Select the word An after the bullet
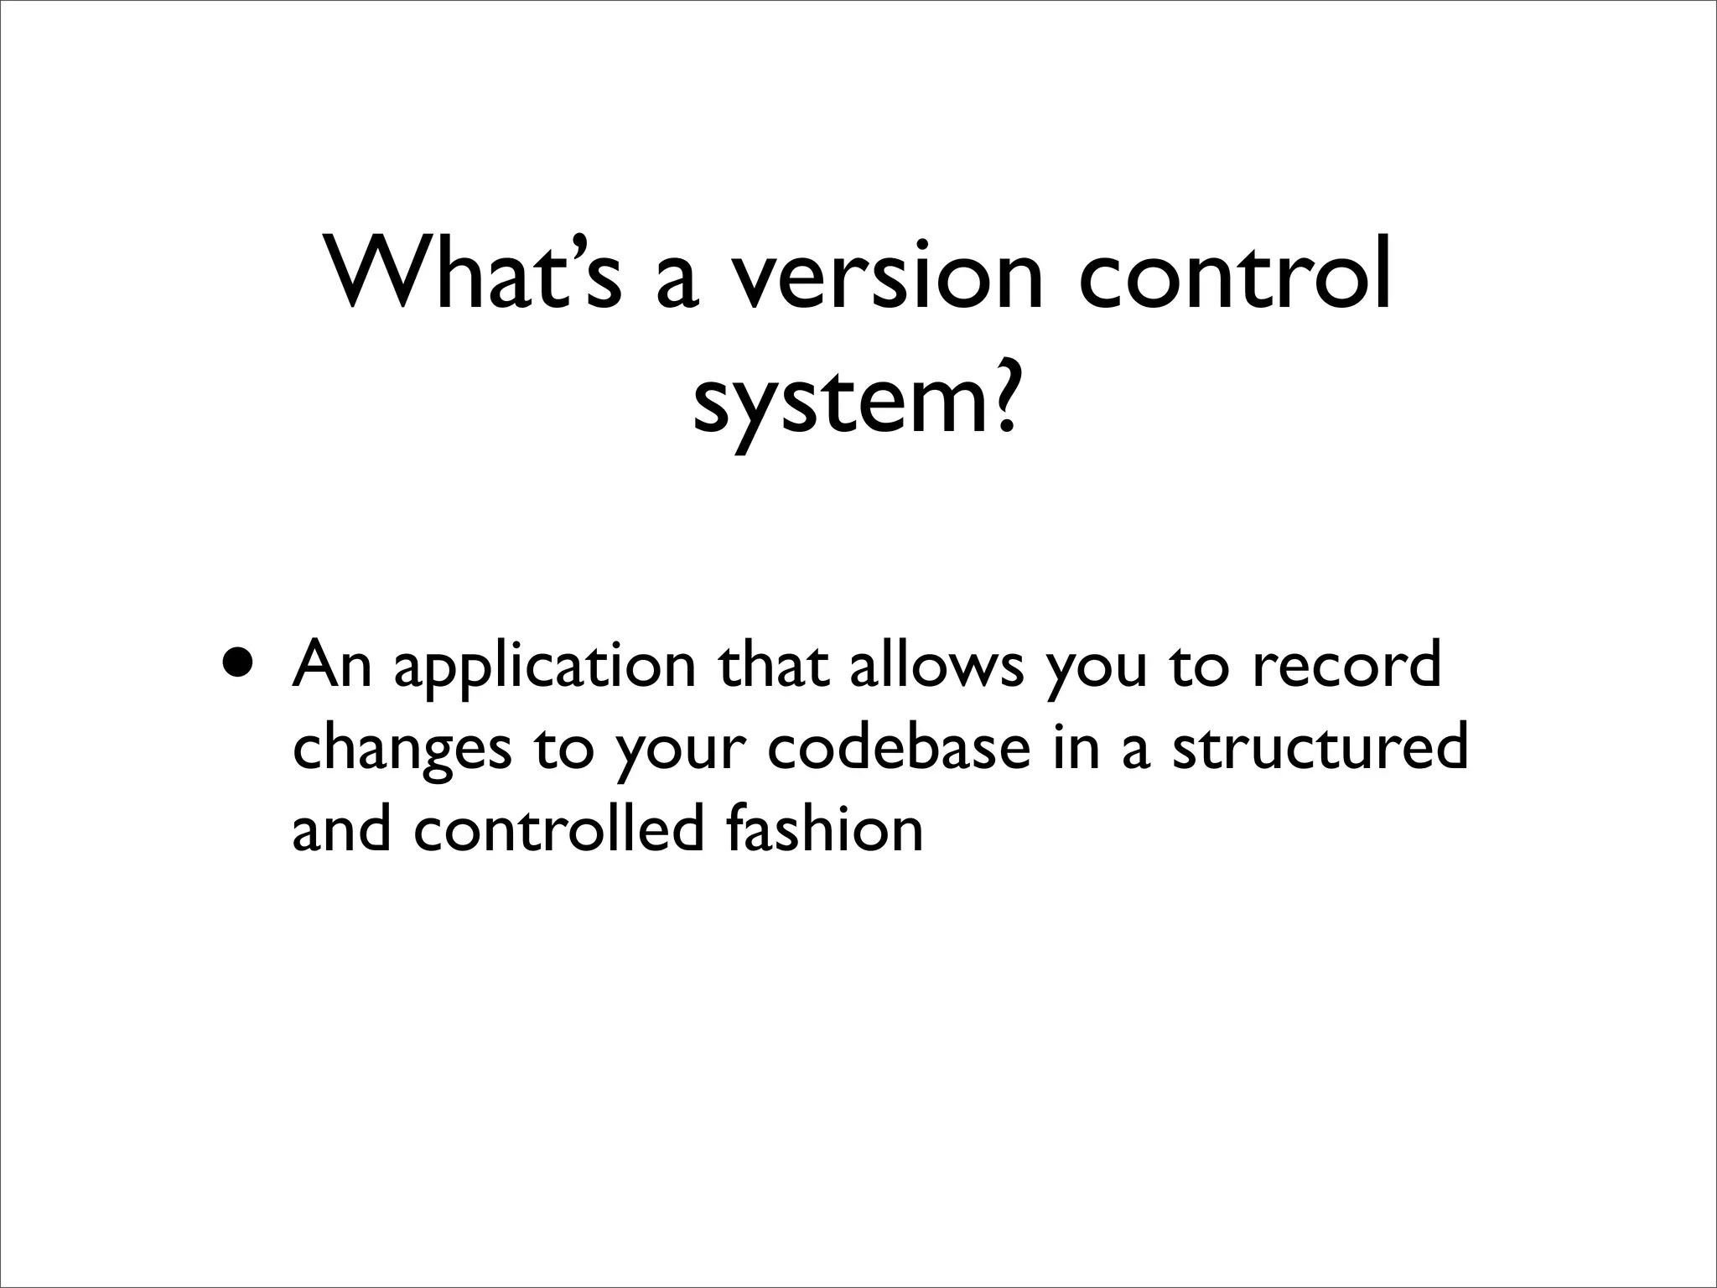(332, 664)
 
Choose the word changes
(402, 750)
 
